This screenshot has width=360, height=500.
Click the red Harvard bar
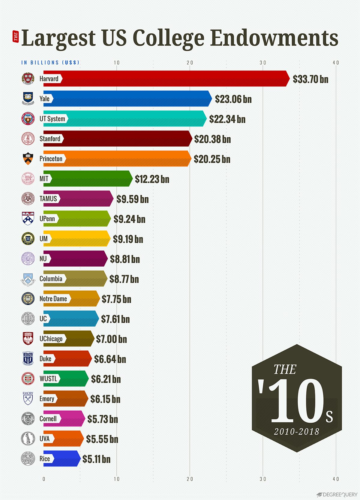click(174, 79)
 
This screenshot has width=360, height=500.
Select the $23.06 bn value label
click(233, 99)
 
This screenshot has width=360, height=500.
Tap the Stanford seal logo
click(28, 139)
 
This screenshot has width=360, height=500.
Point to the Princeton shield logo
click(28, 159)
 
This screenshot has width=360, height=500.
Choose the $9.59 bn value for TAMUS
click(132, 199)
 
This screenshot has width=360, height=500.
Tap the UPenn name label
click(47, 219)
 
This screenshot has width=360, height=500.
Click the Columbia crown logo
click(28, 279)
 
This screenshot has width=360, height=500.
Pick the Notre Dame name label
click(53, 299)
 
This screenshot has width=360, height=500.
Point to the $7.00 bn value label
click(111, 339)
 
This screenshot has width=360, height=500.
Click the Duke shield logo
click(28, 359)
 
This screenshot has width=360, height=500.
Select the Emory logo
click(28, 398)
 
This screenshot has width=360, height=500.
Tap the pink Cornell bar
click(72, 418)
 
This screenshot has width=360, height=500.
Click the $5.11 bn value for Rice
click(96, 459)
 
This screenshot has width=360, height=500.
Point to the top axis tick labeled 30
click(263, 63)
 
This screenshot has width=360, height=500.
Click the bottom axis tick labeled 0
click(44, 479)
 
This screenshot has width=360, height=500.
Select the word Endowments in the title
click(274, 38)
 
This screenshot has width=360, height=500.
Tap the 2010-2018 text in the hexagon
click(296, 432)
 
